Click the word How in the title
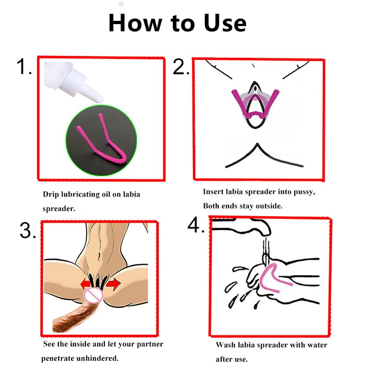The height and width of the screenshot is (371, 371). (x=135, y=23)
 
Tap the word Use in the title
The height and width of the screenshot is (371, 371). (x=225, y=23)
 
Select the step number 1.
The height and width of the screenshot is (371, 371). (x=24, y=66)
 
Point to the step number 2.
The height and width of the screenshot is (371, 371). (x=181, y=67)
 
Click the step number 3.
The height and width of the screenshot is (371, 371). (x=28, y=230)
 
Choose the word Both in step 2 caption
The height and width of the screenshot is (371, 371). (x=211, y=205)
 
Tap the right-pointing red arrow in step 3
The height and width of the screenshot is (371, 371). (x=113, y=284)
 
